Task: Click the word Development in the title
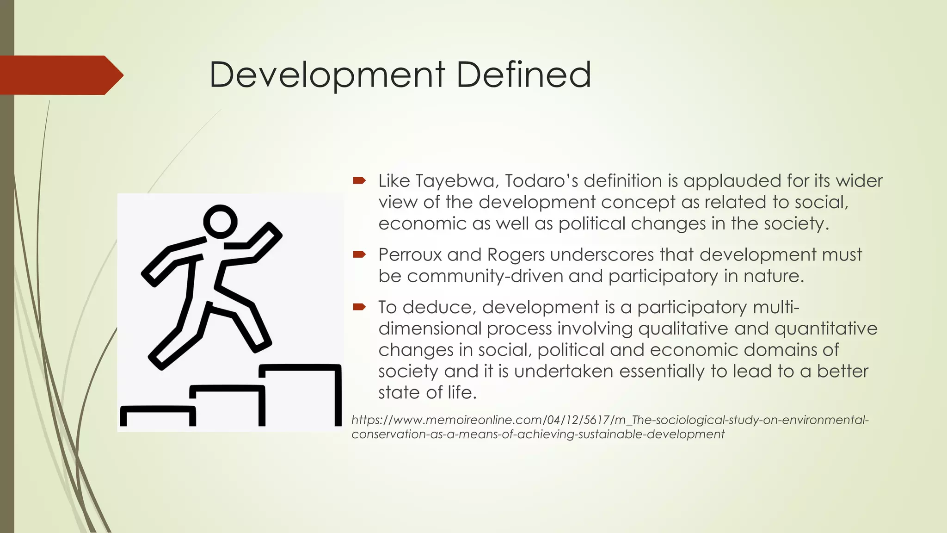(327, 75)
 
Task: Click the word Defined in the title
(523, 75)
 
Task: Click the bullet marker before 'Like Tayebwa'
(359, 180)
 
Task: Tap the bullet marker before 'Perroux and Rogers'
(359, 254)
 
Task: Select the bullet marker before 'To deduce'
(359, 307)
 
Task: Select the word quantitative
(826, 328)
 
